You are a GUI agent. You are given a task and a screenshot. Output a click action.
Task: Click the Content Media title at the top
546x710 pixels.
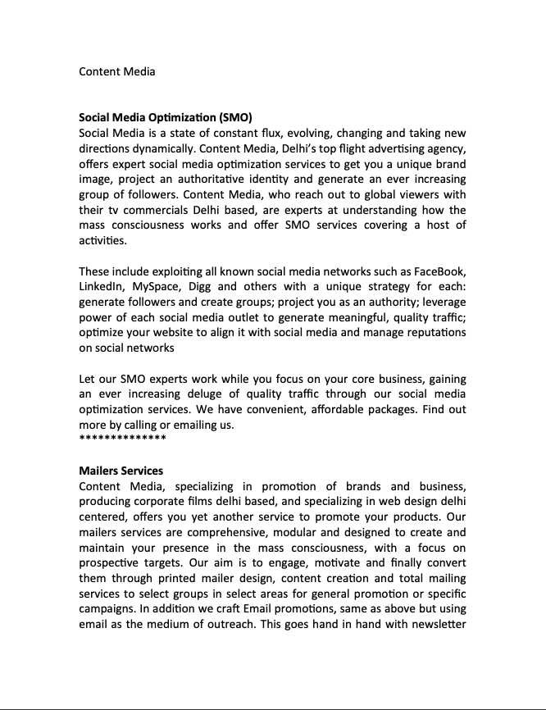pyautogui.click(x=116, y=71)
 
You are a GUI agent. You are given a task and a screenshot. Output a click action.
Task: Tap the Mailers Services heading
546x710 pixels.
pyautogui.click(x=121, y=471)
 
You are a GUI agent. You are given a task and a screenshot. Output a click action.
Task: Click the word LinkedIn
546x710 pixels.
pyautogui.click(x=102, y=287)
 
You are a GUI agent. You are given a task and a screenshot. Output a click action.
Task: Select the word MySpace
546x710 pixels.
pyautogui.click(x=156, y=287)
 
